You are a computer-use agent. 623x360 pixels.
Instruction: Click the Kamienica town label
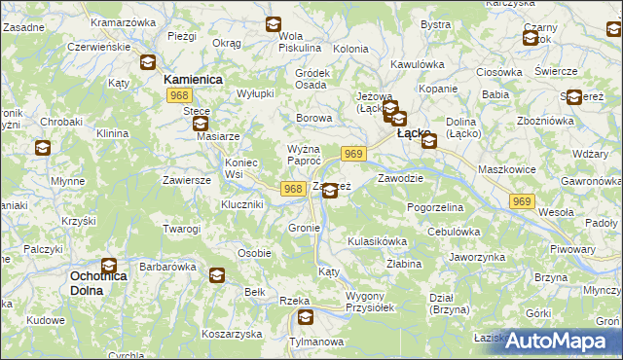(x=194, y=79)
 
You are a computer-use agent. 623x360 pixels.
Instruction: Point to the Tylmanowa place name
(x=317, y=341)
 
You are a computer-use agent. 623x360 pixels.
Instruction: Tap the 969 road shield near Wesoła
(x=522, y=200)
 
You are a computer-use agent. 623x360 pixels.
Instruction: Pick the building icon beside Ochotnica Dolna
(x=109, y=265)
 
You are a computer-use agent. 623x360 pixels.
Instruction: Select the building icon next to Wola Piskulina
(x=274, y=24)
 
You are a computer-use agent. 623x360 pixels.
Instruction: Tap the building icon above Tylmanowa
(x=306, y=317)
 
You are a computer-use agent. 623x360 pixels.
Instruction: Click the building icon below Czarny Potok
(x=531, y=39)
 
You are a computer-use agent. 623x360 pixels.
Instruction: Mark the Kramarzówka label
(x=123, y=20)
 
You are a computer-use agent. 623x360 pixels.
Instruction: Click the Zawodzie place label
(x=399, y=178)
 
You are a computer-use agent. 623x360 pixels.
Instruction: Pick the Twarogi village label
(x=181, y=229)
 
